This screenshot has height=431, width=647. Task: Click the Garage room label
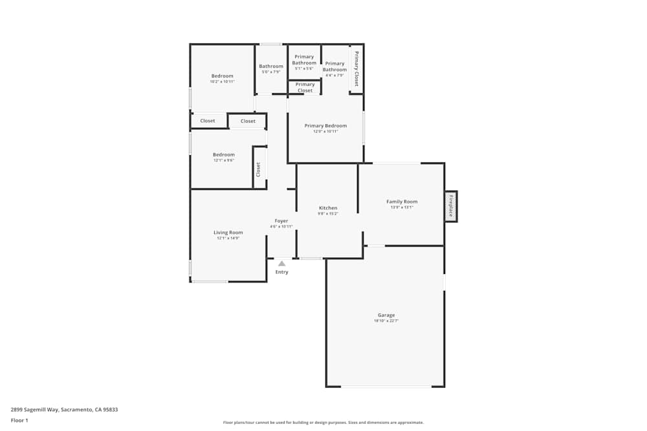pyautogui.click(x=386, y=315)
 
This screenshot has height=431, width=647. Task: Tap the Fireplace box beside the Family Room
pyautogui.click(x=451, y=206)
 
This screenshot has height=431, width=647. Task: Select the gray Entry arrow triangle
pyautogui.click(x=281, y=263)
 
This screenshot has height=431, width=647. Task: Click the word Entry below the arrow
pyautogui.click(x=281, y=272)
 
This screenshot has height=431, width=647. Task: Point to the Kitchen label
pyautogui.click(x=328, y=208)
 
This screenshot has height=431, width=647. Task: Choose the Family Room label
pyautogui.click(x=402, y=202)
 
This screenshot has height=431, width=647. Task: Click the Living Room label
pyautogui.click(x=228, y=233)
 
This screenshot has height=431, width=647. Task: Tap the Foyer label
pyautogui.click(x=281, y=221)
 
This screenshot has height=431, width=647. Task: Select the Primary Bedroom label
pyautogui.click(x=325, y=126)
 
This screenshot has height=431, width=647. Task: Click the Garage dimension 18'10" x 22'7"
pyautogui.click(x=386, y=321)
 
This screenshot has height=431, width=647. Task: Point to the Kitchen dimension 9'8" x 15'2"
pyautogui.click(x=328, y=214)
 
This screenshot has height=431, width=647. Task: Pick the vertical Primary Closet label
pyautogui.click(x=356, y=68)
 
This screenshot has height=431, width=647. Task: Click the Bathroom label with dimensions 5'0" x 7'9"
pyautogui.click(x=271, y=66)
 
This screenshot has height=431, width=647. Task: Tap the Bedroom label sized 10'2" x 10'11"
pyautogui.click(x=222, y=76)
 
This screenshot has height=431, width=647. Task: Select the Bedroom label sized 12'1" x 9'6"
pyautogui.click(x=224, y=155)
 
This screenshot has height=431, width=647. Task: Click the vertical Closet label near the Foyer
pyautogui.click(x=259, y=169)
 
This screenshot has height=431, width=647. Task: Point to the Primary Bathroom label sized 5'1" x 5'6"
pyautogui.click(x=304, y=59)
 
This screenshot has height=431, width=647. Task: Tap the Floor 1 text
pyautogui.click(x=19, y=420)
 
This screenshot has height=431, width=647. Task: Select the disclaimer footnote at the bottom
pyautogui.click(x=323, y=423)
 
